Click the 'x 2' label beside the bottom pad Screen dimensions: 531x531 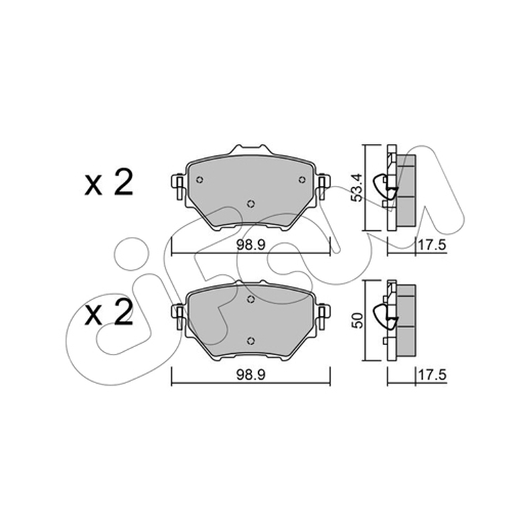(x=108, y=313)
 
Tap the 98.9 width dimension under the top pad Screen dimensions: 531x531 (x=251, y=244)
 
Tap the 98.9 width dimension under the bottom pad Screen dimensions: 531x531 (x=251, y=375)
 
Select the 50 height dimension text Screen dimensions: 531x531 (x=358, y=320)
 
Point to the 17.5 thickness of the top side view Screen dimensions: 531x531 (x=433, y=245)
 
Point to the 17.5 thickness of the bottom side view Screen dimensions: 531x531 (x=433, y=375)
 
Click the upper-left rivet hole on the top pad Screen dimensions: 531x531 (x=200, y=180)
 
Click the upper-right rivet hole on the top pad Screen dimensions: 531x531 (x=301, y=179)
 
